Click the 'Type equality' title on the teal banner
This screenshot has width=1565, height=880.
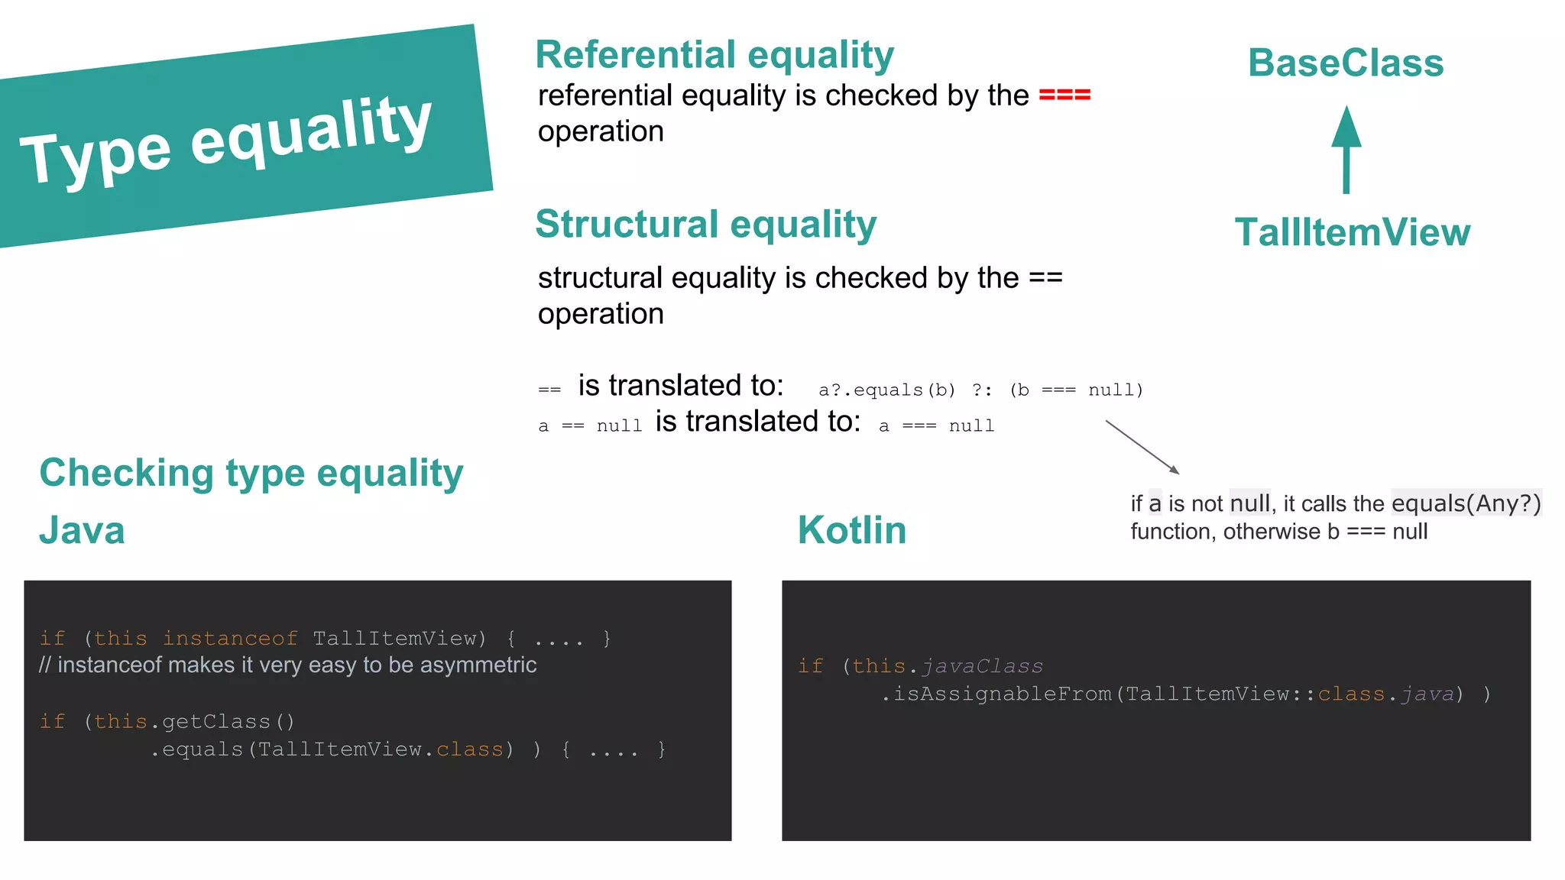(226, 141)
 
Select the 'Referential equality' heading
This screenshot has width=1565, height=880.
(714, 55)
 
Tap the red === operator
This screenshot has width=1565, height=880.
(1064, 95)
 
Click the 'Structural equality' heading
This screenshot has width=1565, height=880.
(705, 225)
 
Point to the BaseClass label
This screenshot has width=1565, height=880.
(1346, 63)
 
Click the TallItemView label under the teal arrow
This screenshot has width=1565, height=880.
(1352, 232)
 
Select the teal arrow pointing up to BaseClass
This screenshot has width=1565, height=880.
(1346, 149)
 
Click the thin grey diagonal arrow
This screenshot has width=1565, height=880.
(1142, 446)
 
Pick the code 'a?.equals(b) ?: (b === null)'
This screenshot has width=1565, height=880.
(980, 390)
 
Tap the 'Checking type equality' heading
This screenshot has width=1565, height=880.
(251, 473)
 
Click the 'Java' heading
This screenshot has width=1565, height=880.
(82, 530)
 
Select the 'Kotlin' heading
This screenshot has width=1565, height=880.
(852, 530)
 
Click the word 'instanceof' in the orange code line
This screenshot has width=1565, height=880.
(230, 639)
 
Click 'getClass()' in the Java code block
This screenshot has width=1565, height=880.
(228, 722)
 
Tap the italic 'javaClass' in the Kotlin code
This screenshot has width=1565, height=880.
(982, 666)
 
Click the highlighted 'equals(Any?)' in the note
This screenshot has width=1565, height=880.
(1466, 503)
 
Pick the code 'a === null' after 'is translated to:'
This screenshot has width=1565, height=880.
(936, 426)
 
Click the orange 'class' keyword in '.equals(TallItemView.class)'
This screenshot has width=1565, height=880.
(469, 750)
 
